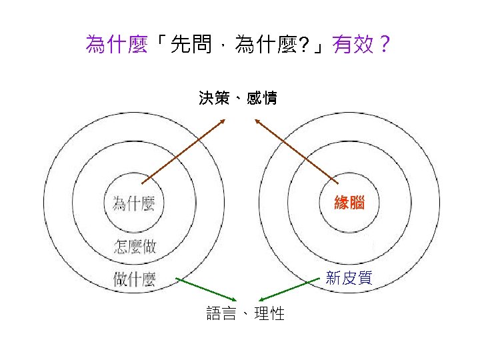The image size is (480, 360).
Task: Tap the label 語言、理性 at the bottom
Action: click(245, 313)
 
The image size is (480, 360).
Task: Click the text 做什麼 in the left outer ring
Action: click(135, 279)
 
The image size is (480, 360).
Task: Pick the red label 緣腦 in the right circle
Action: click(349, 203)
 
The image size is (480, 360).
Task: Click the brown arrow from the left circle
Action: click(183, 151)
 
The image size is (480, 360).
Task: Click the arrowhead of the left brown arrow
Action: click(223, 121)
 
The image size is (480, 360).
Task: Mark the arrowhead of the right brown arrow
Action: click(257, 121)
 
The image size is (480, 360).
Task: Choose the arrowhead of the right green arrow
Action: click(261, 299)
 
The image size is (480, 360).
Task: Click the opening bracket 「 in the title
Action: click(158, 46)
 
